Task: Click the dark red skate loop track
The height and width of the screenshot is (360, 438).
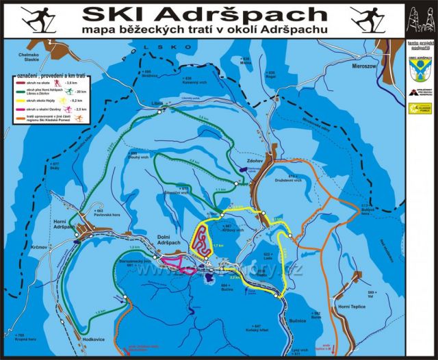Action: (x=201, y=240)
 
